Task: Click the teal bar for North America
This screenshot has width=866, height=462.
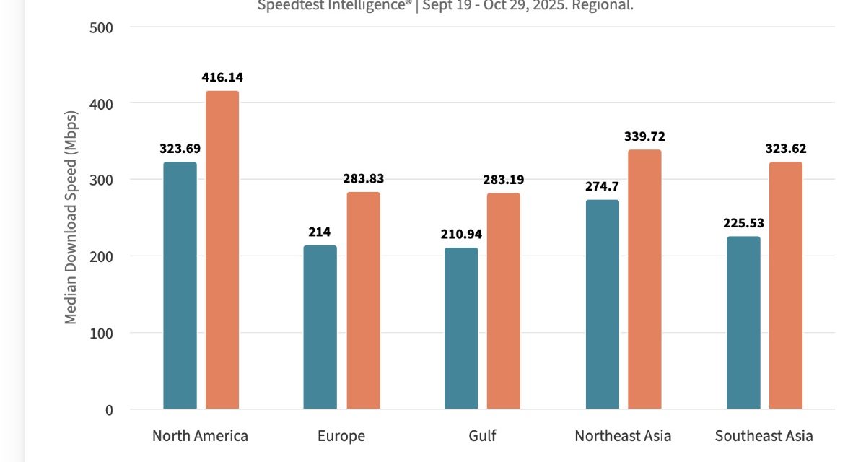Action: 180,285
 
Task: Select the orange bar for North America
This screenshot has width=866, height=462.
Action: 222,250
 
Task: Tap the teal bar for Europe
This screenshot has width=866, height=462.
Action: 320,327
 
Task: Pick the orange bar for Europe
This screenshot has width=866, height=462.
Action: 363,300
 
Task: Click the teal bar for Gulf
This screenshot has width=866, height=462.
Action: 461,328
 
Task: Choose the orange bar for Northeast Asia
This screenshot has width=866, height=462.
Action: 644,279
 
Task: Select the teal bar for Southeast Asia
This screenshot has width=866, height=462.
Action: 743,323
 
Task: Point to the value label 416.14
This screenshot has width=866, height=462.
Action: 222,77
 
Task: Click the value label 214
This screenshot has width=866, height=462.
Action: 320,232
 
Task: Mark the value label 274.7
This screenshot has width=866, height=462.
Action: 602,186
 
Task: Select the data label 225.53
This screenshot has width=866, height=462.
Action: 743,223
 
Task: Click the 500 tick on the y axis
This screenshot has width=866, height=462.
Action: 102,27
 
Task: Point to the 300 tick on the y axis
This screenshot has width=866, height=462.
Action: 102,180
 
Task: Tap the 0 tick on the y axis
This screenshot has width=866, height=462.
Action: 108,409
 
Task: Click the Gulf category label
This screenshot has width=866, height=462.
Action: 482,436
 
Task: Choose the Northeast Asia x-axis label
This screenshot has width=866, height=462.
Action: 623,436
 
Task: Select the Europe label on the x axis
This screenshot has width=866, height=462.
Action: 341,436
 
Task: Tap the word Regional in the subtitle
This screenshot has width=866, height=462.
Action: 608,6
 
